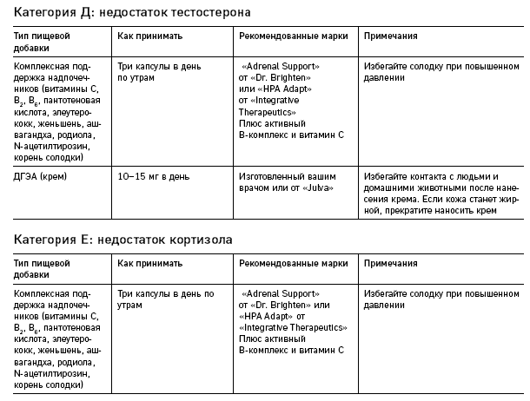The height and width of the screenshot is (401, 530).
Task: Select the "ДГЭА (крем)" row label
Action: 41,176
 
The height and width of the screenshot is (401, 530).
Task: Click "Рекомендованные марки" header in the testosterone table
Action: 291,37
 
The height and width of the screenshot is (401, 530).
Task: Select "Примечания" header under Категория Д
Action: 391,37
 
